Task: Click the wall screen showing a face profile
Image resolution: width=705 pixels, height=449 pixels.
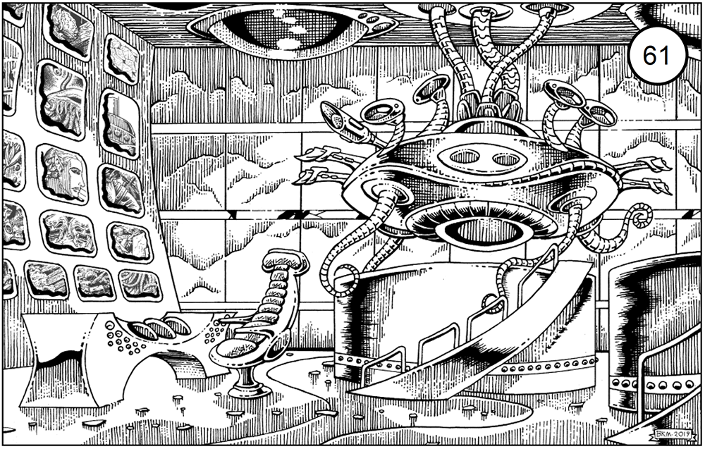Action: click(x=63, y=174)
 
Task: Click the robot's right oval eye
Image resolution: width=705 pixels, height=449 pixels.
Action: click(x=505, y=159)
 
